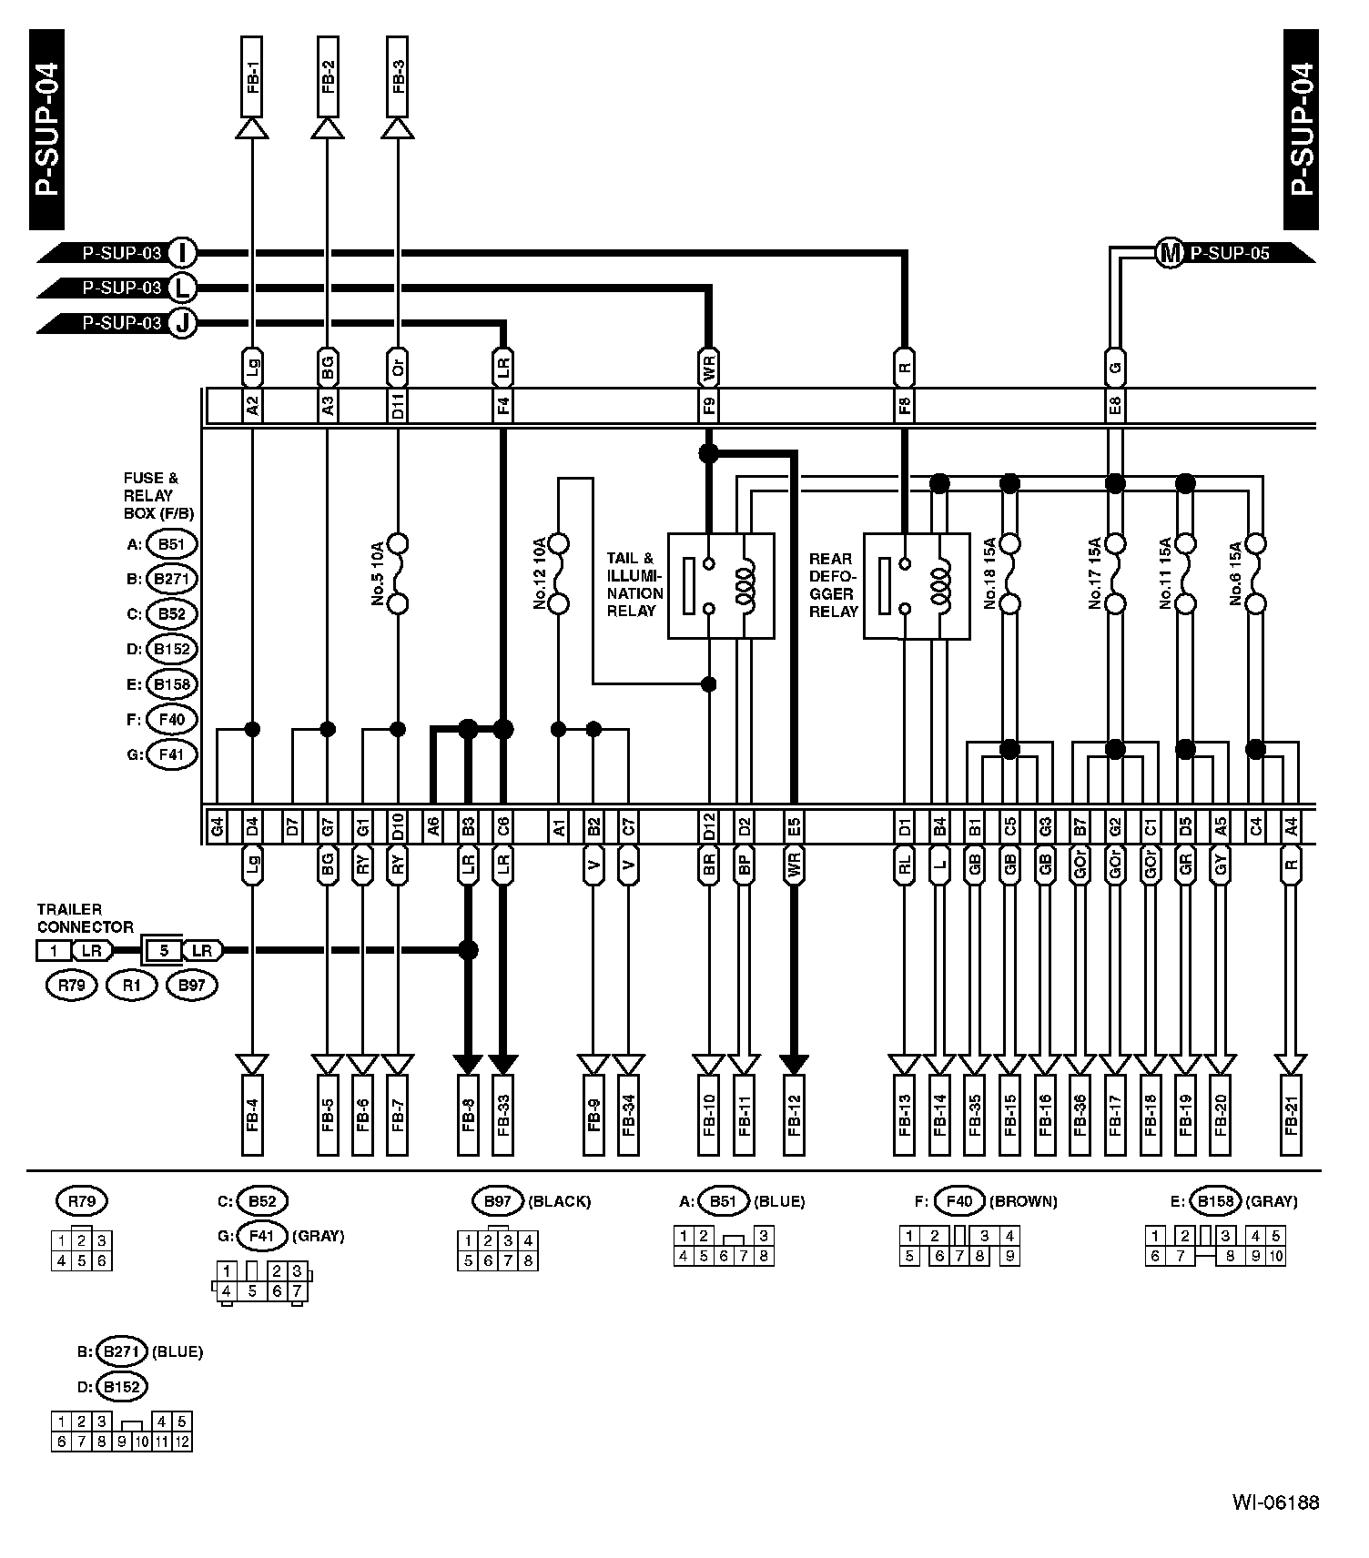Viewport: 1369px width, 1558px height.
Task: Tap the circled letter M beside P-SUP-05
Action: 1170,253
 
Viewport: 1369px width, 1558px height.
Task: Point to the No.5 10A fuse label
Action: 378,573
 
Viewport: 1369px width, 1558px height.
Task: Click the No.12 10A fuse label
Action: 539,573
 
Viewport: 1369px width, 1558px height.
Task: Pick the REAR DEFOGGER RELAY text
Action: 833,584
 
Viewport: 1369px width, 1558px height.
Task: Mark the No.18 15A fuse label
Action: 989,573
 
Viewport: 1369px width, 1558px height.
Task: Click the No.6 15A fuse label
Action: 1235,573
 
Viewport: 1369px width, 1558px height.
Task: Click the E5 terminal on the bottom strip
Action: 795,827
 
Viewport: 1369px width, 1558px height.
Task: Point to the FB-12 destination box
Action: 795,1114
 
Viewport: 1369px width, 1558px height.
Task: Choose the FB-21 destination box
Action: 1291,1114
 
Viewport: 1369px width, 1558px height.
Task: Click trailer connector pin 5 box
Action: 164,951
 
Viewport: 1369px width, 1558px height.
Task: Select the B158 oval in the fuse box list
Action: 171,684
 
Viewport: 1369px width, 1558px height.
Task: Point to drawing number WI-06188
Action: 1275,1502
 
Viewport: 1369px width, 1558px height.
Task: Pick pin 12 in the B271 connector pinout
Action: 182,1442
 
